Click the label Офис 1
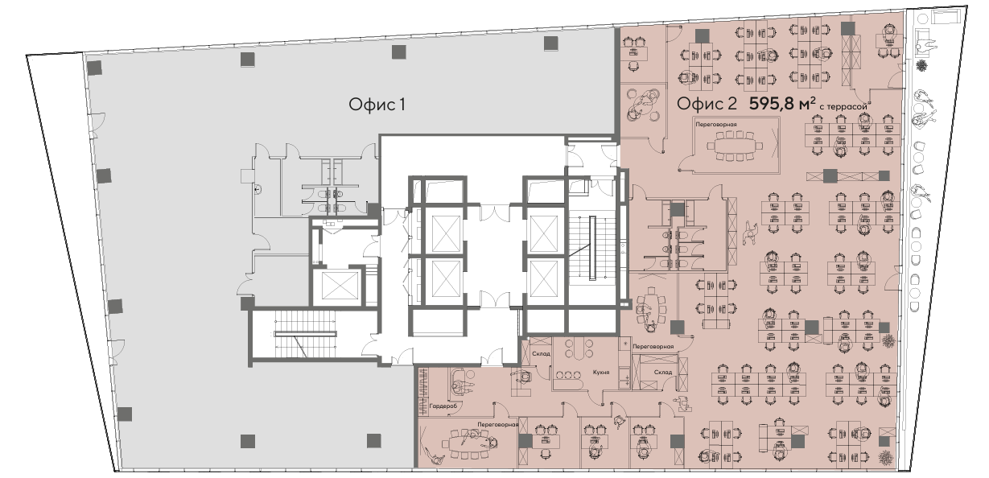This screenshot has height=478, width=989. coord(377,105)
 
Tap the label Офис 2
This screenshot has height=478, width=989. coord(707,104)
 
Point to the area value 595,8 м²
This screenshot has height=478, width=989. coord(782,104)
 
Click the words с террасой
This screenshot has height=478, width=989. coord(843,106)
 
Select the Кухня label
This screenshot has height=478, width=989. coord(601,373)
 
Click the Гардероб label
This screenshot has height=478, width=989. coord(443,406)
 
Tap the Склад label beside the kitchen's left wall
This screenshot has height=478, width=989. coord(541,353)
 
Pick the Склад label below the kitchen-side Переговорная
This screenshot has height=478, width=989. coord(663,372)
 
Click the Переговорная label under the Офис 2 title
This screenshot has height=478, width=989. coord(716,125)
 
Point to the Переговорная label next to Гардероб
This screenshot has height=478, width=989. coord(497,425)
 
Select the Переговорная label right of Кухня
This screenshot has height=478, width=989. coord(653,347)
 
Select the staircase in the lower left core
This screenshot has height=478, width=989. coord(306,334)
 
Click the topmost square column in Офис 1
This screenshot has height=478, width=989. coord(550,43)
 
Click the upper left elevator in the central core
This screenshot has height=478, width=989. coord(447,234)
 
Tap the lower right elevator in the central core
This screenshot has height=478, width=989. coord(543,279)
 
